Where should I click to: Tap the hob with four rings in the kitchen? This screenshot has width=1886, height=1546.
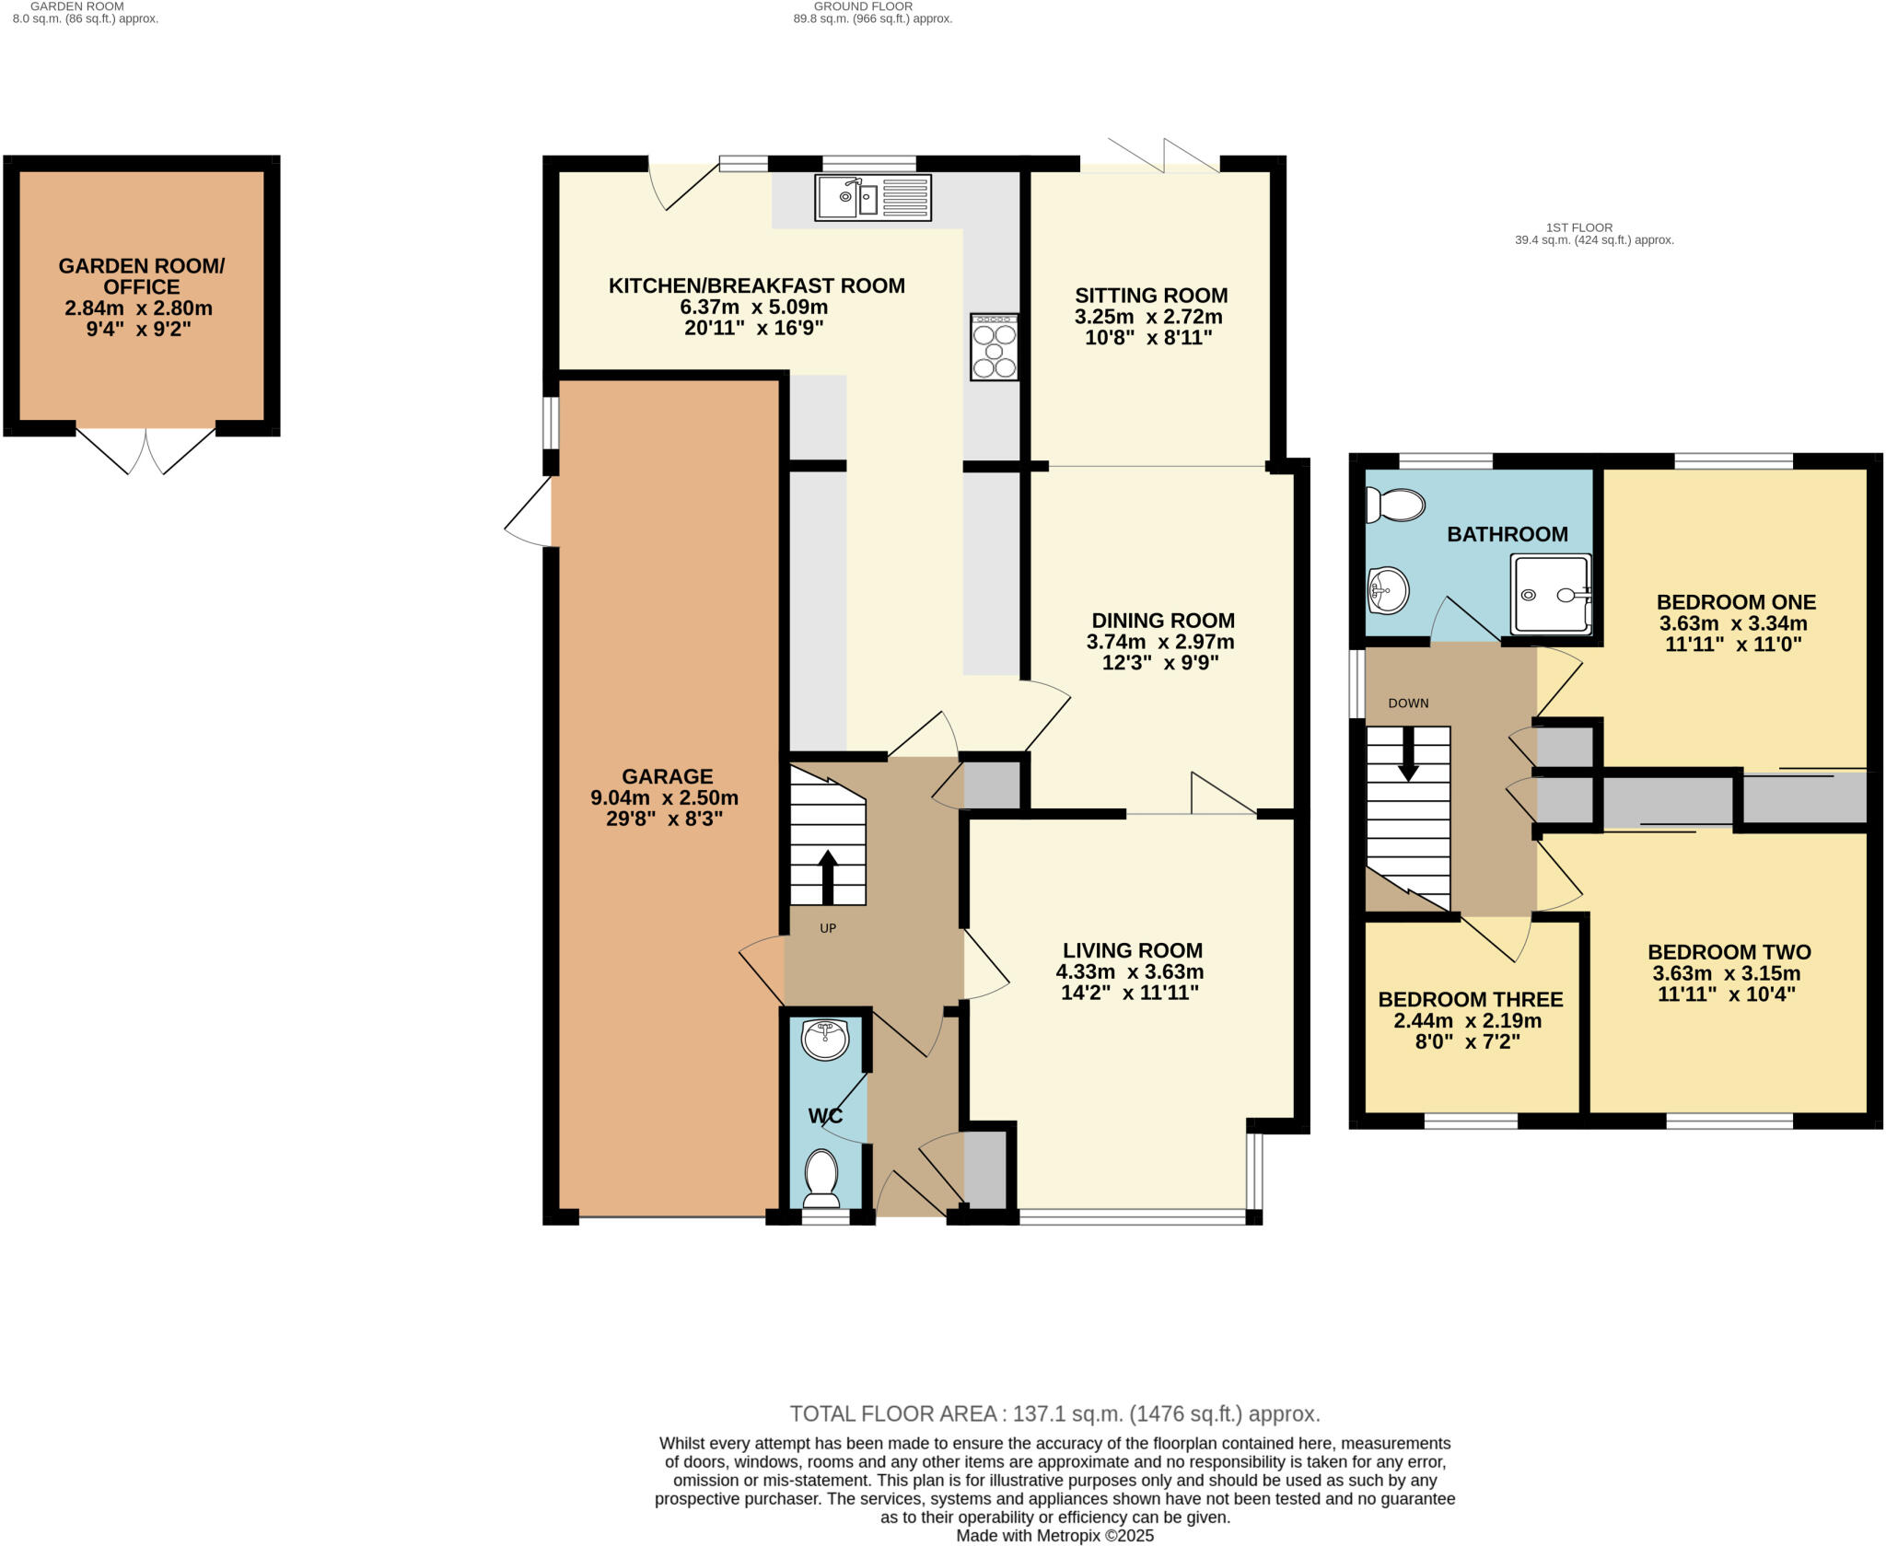[995, 347]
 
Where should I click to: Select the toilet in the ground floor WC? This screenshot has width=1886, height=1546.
[821, 1180]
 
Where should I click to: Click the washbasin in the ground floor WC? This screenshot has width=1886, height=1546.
[825, 1040]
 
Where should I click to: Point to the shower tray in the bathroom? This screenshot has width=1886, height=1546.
[1551, 594]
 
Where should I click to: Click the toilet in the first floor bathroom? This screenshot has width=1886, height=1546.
[1394, 505]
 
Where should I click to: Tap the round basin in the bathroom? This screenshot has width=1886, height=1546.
[1389, 590]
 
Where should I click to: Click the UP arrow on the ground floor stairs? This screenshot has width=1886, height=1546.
[827, 876]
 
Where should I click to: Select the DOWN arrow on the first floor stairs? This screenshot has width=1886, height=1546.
[1408, 755]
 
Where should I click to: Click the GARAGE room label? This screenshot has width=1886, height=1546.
[667, 776]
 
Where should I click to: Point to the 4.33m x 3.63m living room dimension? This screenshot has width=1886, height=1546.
[1131, 971]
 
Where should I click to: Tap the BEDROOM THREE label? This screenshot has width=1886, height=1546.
[1470, 999]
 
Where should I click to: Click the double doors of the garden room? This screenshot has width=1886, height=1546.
[146, 451]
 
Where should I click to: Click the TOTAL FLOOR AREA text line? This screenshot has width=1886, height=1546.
[1054, 1413]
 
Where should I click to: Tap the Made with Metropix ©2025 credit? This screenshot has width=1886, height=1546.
[1054, 1536]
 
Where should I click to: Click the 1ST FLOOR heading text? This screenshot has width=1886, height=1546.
[1578, 227]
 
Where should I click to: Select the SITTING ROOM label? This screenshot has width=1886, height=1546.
[1151, 296]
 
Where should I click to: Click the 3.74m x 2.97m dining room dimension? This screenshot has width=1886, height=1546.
[1160, 642]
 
